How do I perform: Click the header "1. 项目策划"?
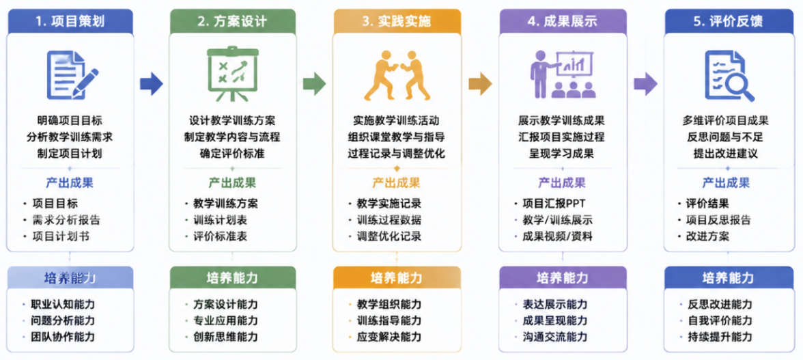pos(70,21)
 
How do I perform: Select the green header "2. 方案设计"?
pos(232,21)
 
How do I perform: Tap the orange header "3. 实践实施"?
pos(397,21)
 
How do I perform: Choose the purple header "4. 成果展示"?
pos(563,21)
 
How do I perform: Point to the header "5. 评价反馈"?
pos(728,21)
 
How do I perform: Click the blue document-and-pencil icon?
pos(72,75)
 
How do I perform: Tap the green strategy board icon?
pos(232,74)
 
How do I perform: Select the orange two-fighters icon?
pos(397,75)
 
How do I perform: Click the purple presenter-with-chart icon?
pos(563,74)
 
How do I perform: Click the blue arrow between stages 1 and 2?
pos(151,83)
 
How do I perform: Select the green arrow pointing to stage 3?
pos(314,83)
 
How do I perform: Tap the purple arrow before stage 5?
pos(645,83)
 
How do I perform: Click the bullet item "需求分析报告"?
pos(66,220)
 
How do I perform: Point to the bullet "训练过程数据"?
pos(389,220)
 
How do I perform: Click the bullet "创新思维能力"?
pos(225,337)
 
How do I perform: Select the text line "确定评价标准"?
pos(232,152)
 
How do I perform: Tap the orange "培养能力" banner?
pos(397,278)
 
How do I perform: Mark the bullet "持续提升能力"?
pos(719,337)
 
